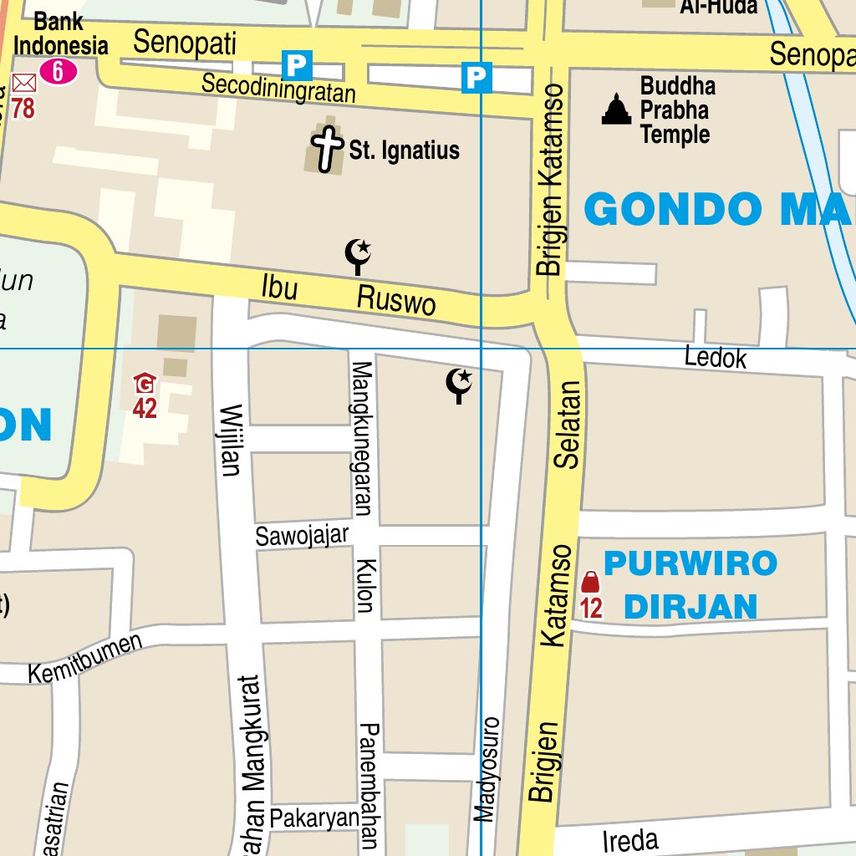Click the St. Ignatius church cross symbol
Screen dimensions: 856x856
point(329,150)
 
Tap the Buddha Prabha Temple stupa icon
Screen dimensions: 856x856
point(617,110)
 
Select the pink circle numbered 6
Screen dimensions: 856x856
point(58,72)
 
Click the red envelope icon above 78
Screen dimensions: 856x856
point(24,83)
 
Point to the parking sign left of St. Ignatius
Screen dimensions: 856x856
point(297,64)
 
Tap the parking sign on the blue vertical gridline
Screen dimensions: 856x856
point(476,78)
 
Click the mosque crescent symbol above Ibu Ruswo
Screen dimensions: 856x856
point(359,255)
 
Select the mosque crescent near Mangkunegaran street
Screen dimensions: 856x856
point(458,385)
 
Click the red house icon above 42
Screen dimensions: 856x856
point(145,384)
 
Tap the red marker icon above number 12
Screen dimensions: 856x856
point(590,582)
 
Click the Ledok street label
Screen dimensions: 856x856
point(715,358)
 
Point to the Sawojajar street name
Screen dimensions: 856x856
point(302,535)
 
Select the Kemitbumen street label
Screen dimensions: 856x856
point(84,660)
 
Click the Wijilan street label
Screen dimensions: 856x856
point(231,440)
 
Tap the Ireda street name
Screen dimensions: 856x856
point(630,840)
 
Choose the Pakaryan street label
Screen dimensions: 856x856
point(314,818)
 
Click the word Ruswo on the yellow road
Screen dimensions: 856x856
point(396,299)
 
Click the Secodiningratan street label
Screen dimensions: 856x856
point(278,87)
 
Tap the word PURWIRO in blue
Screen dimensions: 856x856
point(690,563)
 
